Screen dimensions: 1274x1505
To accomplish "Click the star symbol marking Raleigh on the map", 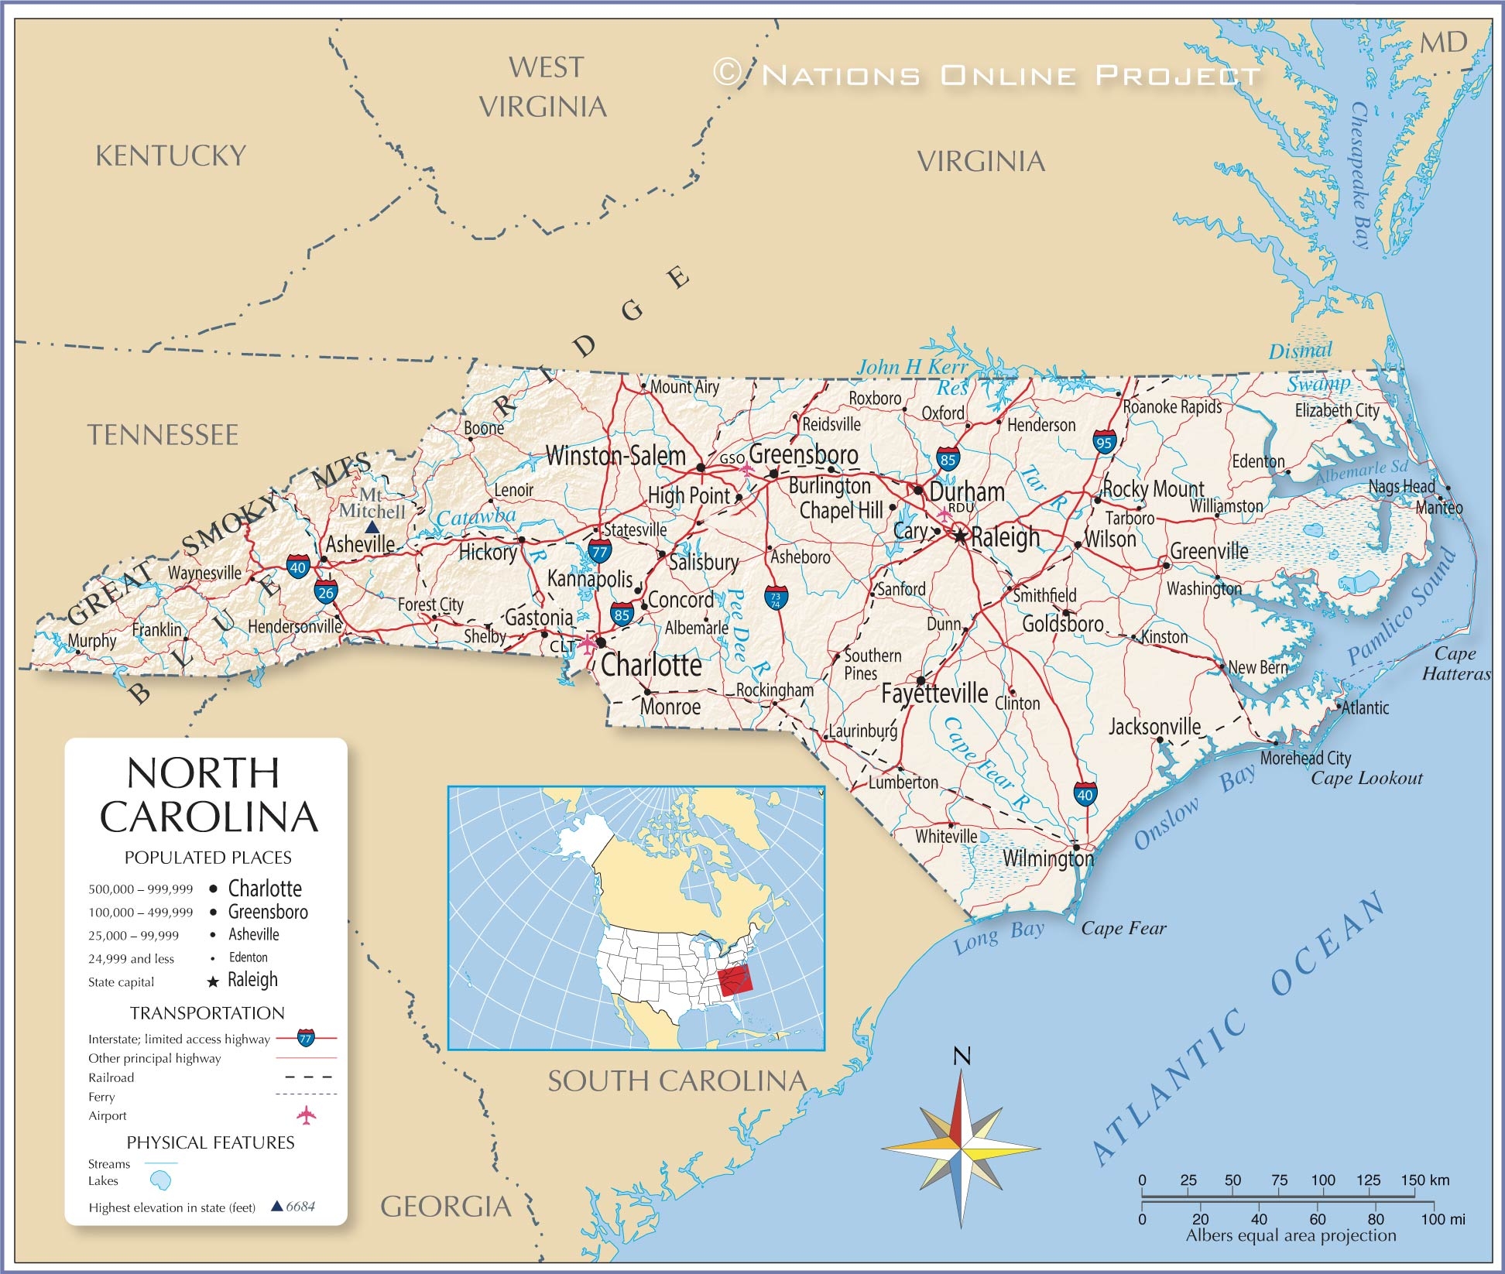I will pos(961,536).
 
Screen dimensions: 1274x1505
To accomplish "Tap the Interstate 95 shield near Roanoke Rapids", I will pos(1105,442).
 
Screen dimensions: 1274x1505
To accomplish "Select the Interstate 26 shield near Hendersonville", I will pos(326,593).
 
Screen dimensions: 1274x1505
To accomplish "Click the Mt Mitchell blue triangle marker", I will pos(372,527).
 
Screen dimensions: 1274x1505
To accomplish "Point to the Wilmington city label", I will pos(1047,858).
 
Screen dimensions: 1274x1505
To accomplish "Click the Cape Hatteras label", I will pos(1455,663).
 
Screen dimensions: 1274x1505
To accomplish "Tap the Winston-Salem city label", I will pos(615,456).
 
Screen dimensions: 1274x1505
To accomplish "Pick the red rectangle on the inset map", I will pos(735,980).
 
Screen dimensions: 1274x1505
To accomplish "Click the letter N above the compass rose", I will pos(962,1056).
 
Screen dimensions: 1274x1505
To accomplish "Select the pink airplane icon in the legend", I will pos(307,1115).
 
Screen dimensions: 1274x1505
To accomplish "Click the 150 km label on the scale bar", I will pos(1425,1180).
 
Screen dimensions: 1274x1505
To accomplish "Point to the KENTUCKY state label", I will pos(170,156).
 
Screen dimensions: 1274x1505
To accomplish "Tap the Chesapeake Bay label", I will pos(1360,176).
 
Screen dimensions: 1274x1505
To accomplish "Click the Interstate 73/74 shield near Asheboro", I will pos(776,598).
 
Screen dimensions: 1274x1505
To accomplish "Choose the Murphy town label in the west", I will pos(92,641).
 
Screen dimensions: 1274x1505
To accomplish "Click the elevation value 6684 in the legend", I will pos(300,1207).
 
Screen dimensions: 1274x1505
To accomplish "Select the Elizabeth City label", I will pos(1337,410).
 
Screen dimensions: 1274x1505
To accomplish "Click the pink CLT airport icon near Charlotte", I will pos(588,644).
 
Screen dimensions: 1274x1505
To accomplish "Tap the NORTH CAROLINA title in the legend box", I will pos(208,795).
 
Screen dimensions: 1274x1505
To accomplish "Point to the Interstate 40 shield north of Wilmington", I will pos(1085,794).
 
